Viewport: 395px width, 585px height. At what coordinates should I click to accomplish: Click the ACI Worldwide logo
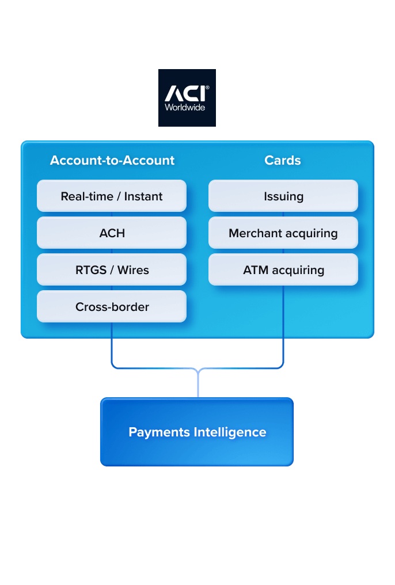click(187, 97)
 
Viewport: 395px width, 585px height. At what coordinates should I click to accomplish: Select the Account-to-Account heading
click(112, 160)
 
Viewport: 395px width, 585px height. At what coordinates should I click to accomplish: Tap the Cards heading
click(283, 160)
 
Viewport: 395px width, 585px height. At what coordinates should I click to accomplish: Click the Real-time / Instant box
click(112, 196)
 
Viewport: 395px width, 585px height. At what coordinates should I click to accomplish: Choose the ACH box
click(112, 233)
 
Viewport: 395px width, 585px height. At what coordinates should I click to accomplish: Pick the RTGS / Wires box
click(112, 270)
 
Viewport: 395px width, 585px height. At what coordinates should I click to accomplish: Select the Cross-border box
click(112, 307)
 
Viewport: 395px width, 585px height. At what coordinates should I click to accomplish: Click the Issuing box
click(283, 196)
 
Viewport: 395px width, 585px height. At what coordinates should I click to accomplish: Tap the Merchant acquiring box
click(283, 233)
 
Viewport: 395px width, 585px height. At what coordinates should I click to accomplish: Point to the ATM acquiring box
click(283, 270)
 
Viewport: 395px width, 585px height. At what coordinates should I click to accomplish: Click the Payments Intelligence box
click(197, 432)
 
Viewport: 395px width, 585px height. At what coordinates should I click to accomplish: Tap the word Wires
click(133, 270)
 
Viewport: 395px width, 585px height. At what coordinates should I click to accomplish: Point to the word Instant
click(143, 196)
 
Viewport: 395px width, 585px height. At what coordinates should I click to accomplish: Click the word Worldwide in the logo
click(185, 107)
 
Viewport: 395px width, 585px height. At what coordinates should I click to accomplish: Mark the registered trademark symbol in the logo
click(207, 88)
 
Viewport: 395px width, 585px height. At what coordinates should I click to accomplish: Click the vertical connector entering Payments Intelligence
click(198, 384)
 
